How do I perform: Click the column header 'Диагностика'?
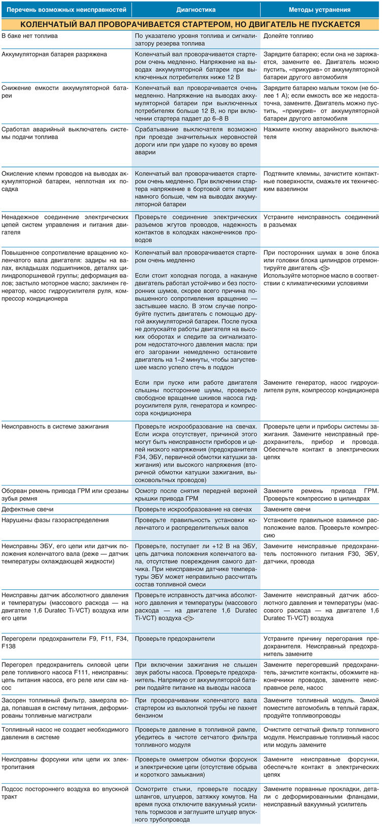[196, 10]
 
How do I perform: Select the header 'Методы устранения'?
[319, 10]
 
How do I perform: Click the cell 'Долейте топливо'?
[288, 36]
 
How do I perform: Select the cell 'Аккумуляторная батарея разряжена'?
[54, 54]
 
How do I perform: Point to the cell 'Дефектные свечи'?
[28, 509]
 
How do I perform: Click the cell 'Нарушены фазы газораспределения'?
[55, 520]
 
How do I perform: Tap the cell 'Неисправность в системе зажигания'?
[55, 426]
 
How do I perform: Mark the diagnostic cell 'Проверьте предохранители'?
[175, 639]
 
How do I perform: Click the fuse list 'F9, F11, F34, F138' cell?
[65, 642]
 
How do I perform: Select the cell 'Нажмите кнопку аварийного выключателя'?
[320, 133]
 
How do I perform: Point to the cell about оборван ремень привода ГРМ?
[65, 494]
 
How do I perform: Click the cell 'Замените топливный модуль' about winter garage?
[320, 708]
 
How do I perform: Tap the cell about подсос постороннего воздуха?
[65, 792]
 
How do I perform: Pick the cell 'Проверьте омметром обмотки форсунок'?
[196, 767]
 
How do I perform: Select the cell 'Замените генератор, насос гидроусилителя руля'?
[320, 386]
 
